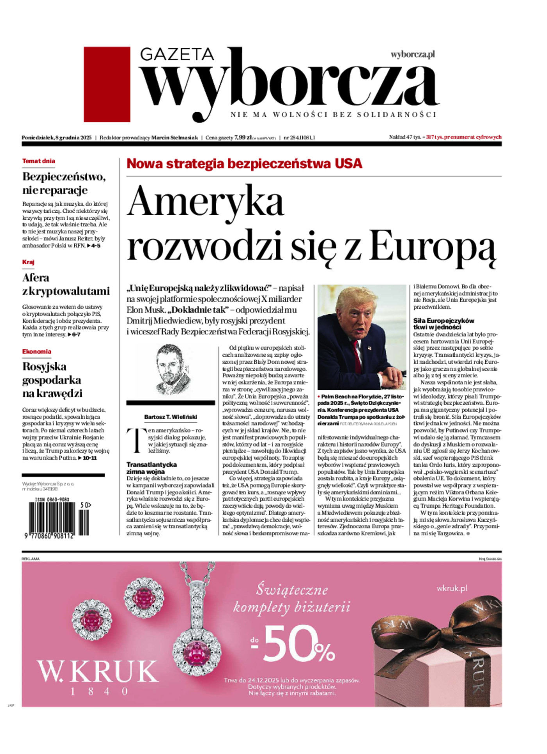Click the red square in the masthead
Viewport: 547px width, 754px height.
tap(107, 84)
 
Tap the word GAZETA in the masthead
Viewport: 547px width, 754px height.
tap(177, 54)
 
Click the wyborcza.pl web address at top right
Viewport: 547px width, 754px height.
tap(413, 55)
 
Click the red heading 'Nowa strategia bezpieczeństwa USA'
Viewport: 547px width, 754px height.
tap(244, 163)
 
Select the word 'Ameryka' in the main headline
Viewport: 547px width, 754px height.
tap(206, 202)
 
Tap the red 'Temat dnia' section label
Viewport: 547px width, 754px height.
tap(38, 161)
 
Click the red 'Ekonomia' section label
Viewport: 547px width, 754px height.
tap(37, 351)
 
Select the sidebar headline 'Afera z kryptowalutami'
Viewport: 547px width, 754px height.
tap(66, 284)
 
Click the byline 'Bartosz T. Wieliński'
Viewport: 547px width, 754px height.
tap(171, 417)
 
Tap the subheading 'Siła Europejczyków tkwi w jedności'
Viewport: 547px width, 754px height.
tap(444, 324)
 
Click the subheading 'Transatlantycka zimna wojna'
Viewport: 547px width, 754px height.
tap(152, 468)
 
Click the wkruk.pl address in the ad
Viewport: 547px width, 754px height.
tap(452, 588)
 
